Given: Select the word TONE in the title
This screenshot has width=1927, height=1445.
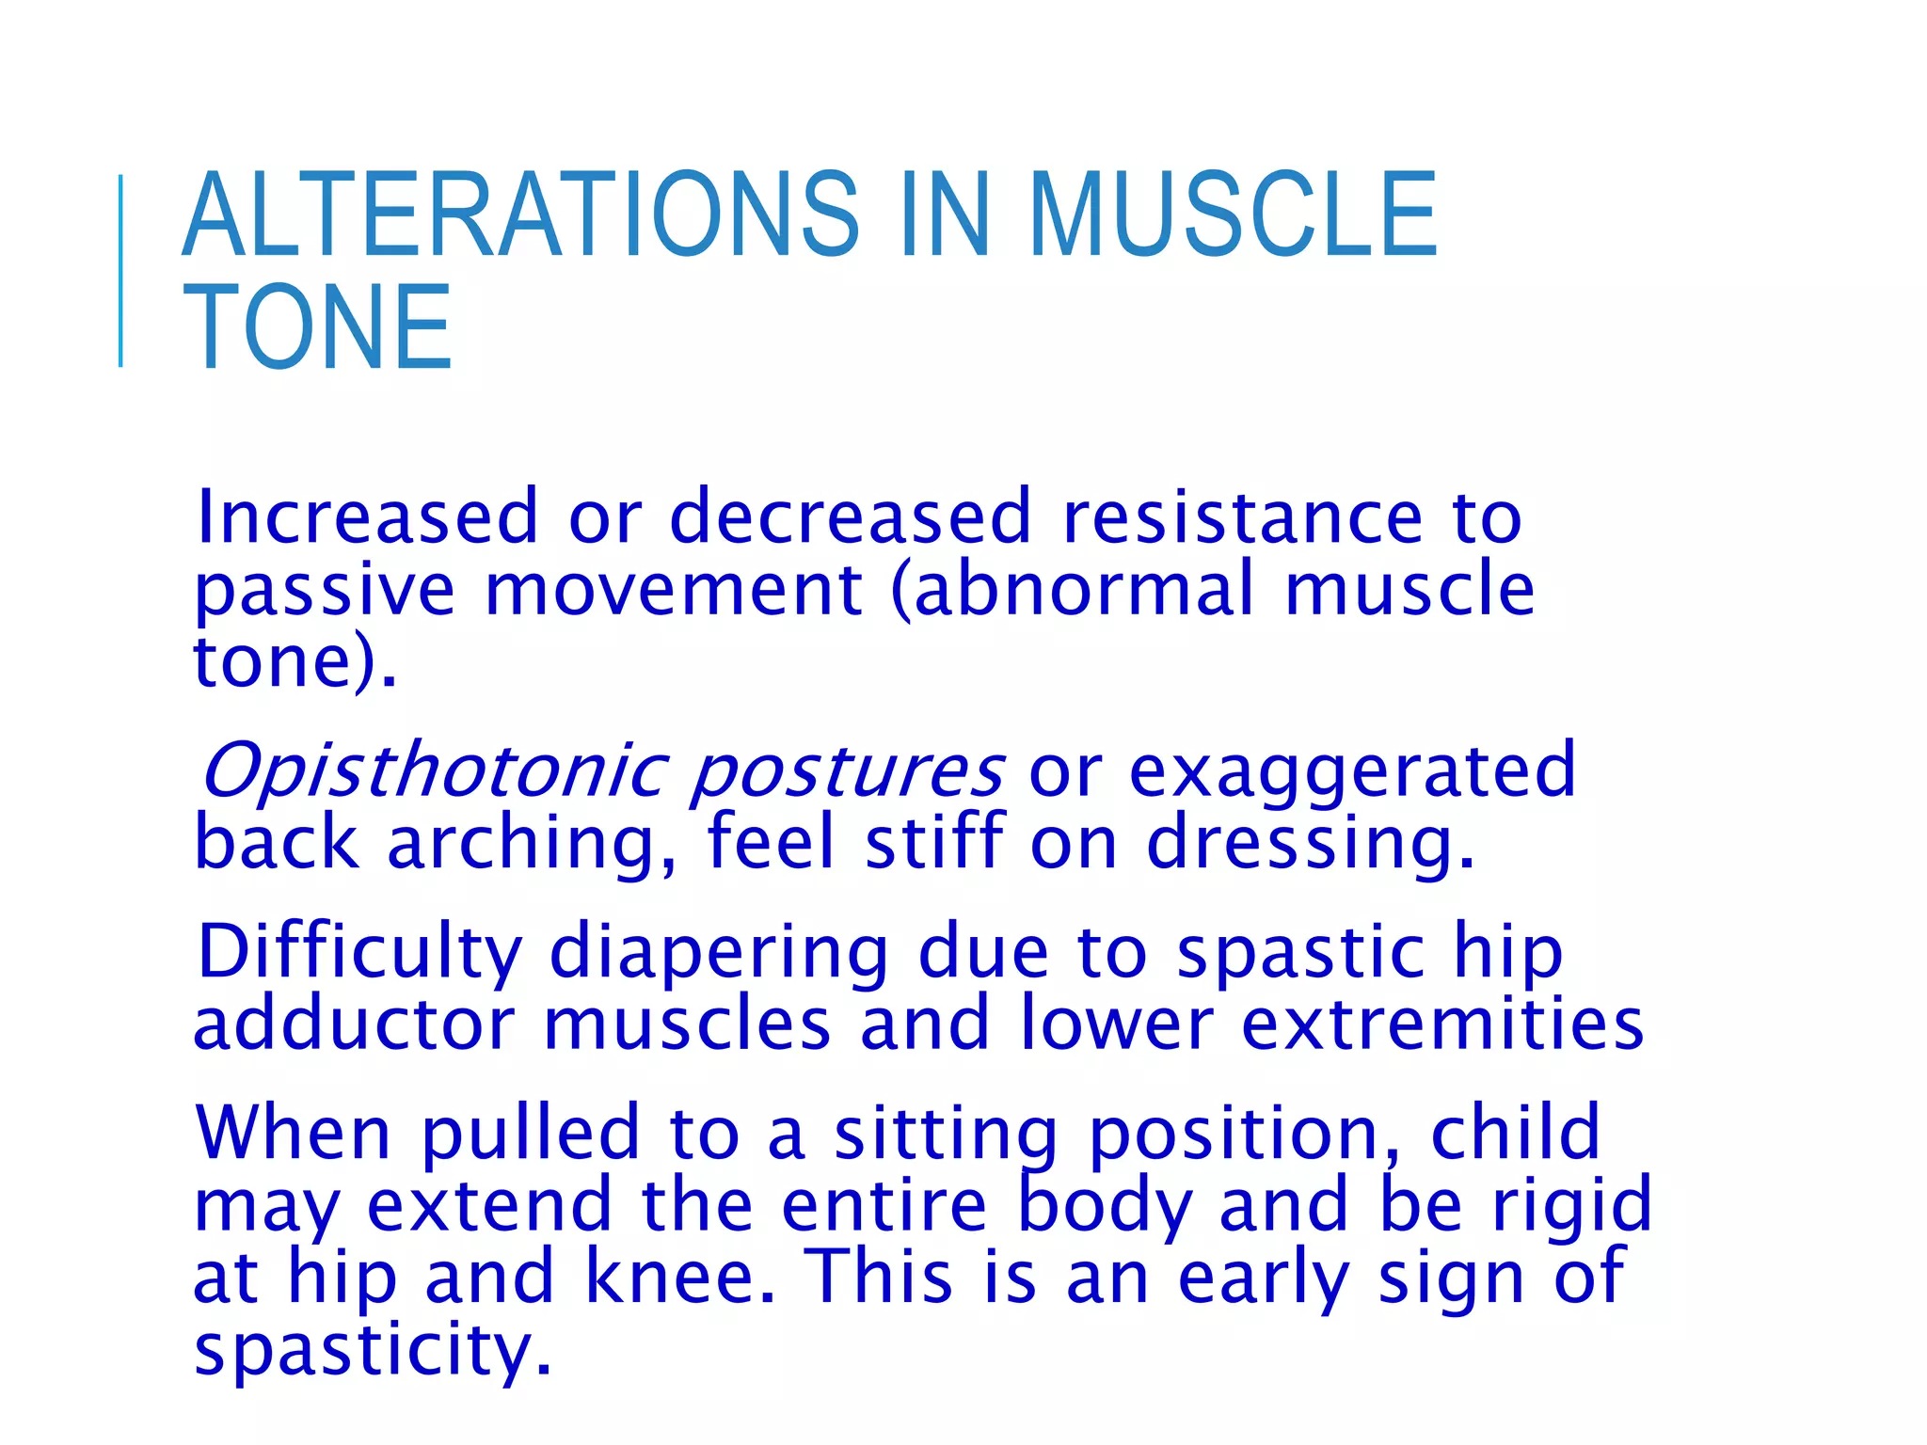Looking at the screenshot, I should (318, 328).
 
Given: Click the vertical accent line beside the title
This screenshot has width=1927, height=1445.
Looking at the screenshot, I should (120, 271).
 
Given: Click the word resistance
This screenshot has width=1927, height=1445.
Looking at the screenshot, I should (1242, 517).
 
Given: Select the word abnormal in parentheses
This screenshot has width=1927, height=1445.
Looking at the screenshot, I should (1082, 590).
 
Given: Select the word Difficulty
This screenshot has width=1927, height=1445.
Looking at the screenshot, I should (359, 953).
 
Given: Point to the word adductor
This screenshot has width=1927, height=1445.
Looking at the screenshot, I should (354, 1024).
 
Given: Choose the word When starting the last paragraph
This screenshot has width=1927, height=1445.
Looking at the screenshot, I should (292, 1133).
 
